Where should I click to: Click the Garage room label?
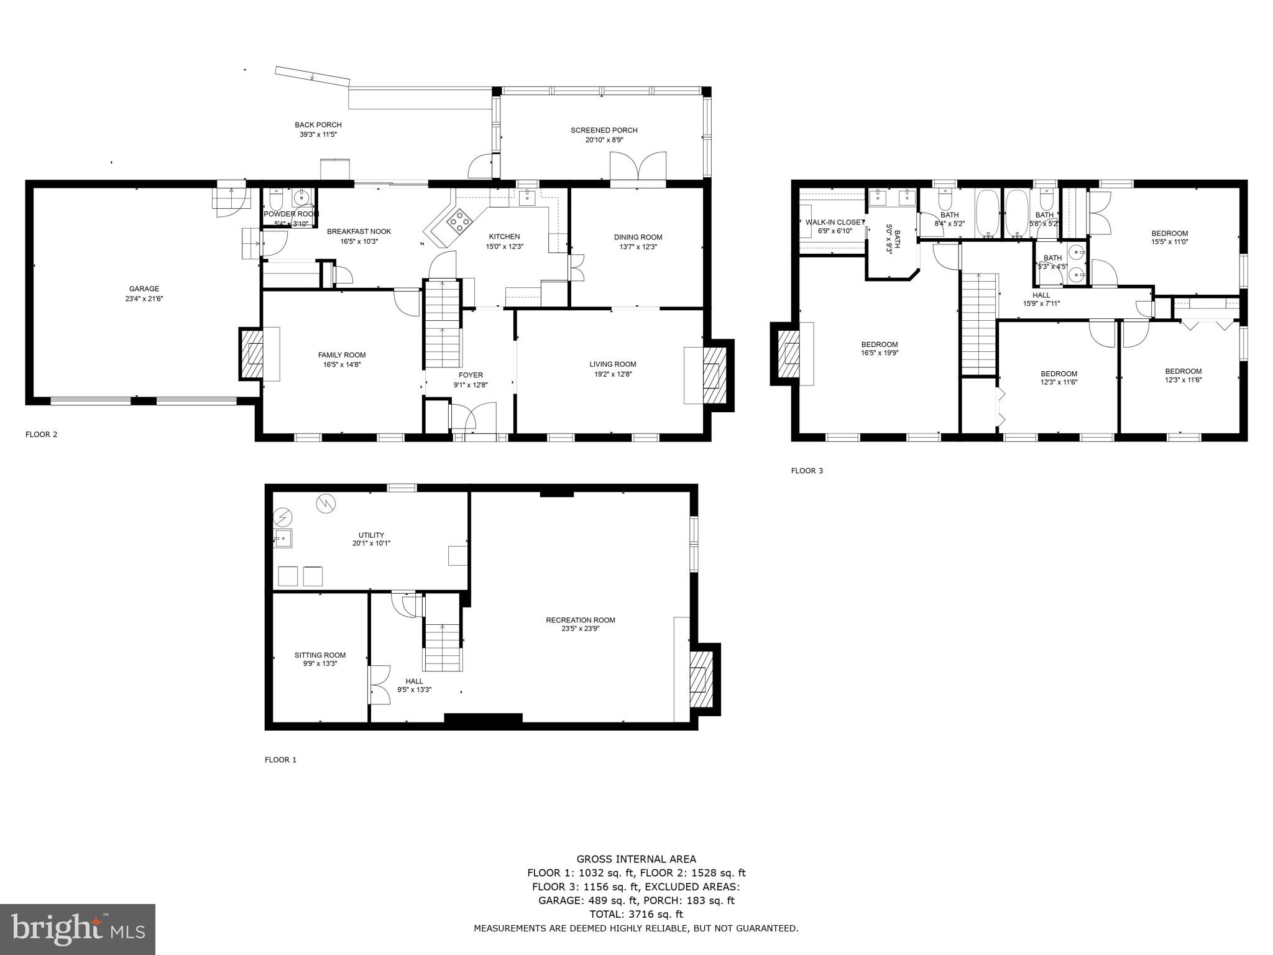coord(144,288)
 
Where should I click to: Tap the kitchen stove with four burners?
coord(459,221)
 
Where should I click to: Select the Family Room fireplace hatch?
coord(252,354)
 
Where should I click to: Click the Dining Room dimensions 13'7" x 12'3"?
coord(638,247)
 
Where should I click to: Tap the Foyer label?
coord(471,375)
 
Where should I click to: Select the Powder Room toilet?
coord(277,200)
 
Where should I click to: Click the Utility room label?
coord(371,535)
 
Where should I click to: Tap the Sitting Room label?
coord(320,655)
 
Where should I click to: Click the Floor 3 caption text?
coord(807,471)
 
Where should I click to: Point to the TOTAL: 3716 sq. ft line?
coord(636,914)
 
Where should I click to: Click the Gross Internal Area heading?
coord(636,859)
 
